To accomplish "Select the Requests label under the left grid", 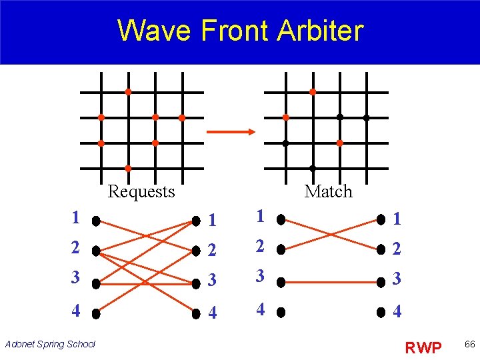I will (x=141, y=192).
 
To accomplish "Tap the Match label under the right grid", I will (x=328, y=192).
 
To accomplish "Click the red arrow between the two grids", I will (x=231, y=131).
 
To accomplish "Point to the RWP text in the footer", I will (x=423, y=347).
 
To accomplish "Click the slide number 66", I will (x=469, y=345).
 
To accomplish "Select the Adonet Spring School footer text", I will (x=50, y=344).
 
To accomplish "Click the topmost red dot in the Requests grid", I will (x=128, y=91).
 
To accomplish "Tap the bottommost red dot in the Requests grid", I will (x=128, y=169).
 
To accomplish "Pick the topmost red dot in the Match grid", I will (x=313, y=91).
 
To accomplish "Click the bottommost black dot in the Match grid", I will (x=313, y=169).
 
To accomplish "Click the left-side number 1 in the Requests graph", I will (x=76, y=217).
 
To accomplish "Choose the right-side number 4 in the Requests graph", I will (x=212, y=312).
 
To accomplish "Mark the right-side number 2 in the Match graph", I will (x=397, y=250).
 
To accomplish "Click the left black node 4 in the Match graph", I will (x=281, y=311).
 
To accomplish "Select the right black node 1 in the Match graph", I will (x=381, y=219).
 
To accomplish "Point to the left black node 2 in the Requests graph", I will (x=97, y=251).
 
